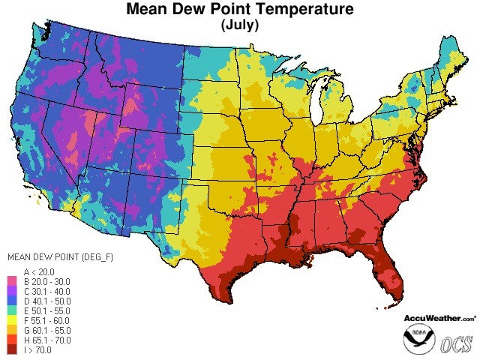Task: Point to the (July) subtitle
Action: [x=240, y=25]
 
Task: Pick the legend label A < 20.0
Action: [x=39, y=271]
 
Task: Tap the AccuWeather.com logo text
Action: [x=439, y=318]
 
